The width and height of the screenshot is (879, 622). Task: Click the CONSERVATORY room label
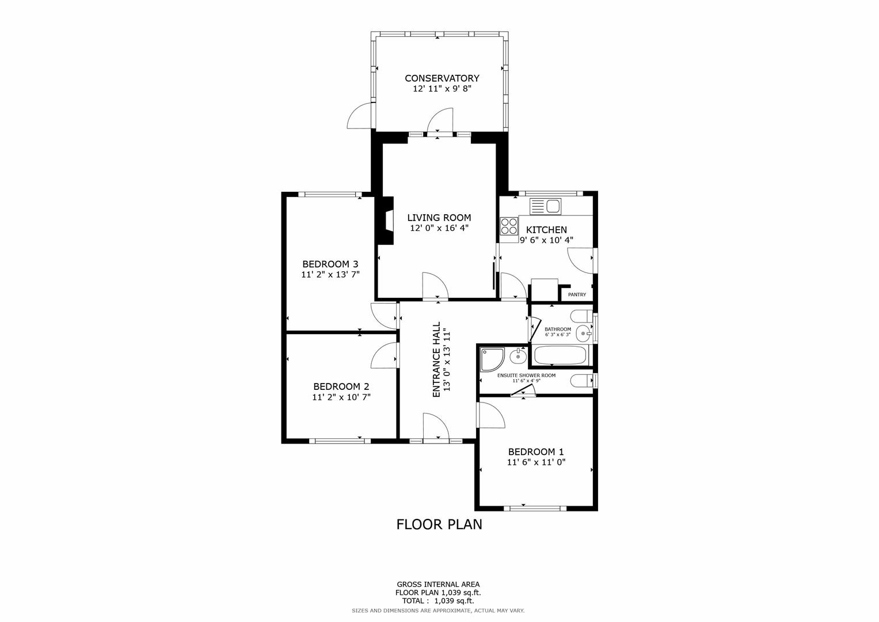442,78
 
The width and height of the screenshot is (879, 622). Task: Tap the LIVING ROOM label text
439,218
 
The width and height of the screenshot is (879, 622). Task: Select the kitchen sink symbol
545,207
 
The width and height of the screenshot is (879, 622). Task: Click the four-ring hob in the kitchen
509,226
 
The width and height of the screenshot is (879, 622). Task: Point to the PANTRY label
577,294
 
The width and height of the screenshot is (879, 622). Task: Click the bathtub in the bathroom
560,355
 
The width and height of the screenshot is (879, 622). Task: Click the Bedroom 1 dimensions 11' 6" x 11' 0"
536,462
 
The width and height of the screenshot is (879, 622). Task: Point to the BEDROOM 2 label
341,387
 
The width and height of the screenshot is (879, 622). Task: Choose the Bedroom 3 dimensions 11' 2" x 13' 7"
330,275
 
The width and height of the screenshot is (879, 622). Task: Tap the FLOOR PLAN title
439,525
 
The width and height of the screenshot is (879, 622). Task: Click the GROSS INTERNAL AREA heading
438,585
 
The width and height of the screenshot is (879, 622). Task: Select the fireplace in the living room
385,221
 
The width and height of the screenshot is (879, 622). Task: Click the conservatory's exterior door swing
359,116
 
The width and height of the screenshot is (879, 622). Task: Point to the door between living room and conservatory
440,121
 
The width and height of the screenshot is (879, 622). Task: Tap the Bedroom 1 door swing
491,415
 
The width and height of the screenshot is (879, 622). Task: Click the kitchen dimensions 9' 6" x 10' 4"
547,240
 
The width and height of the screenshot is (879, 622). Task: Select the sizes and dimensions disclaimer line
438,610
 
